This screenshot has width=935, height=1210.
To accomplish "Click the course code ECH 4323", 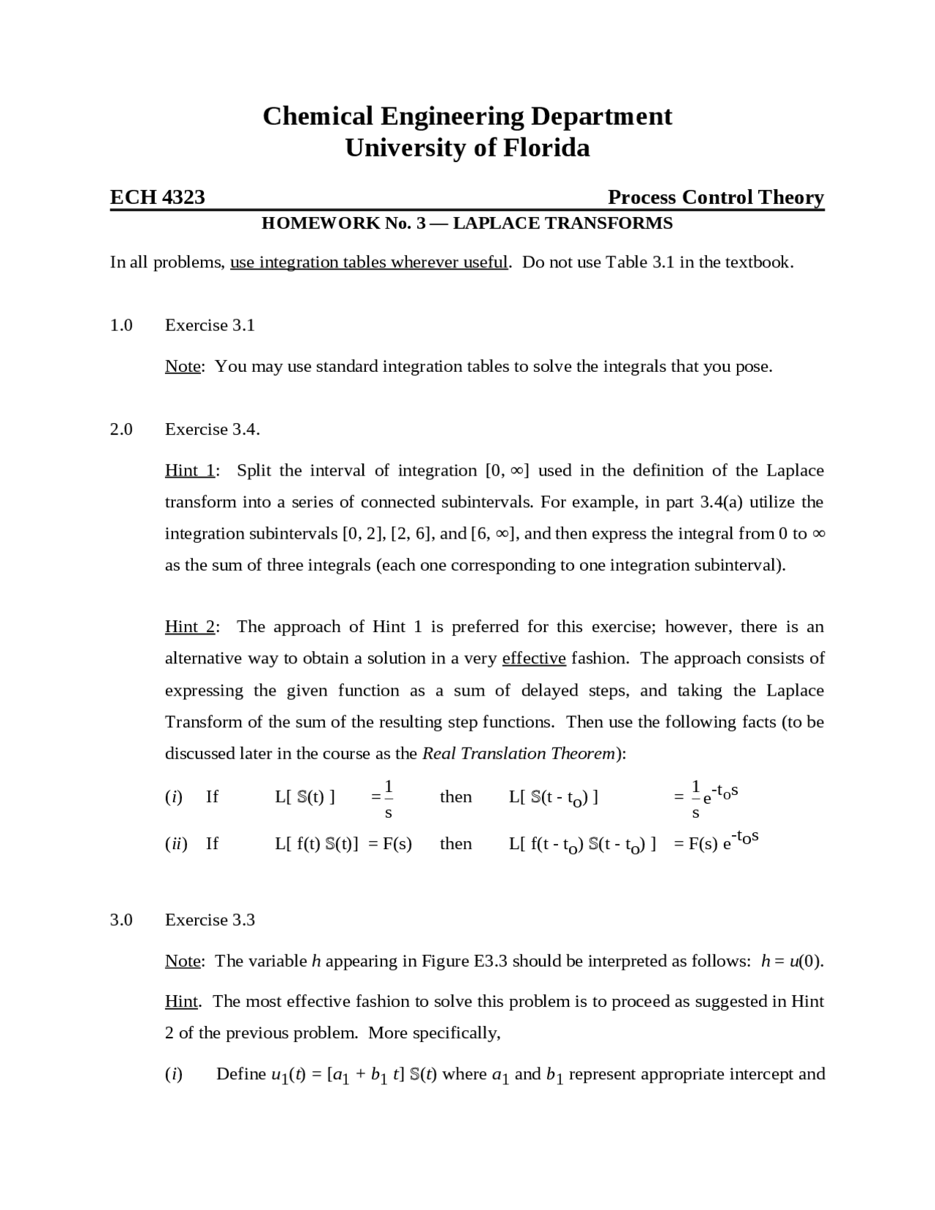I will click(157, 197).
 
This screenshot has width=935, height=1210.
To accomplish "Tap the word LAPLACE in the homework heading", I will click(497, 224).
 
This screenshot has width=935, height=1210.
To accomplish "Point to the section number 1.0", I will click(121, 325).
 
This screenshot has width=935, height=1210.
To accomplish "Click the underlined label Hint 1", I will click(190, 471).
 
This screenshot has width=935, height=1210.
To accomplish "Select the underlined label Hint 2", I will click(190, 627).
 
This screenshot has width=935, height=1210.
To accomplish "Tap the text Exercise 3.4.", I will click(212, 430).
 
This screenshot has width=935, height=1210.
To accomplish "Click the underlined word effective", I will click(534, 658).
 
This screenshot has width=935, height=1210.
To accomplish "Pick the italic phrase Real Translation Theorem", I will click(519, 753).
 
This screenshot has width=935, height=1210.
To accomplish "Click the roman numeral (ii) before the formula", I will click(176, 844).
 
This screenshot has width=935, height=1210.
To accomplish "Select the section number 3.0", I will click(121, 920).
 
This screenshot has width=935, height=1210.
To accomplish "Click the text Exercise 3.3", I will click(210, 920).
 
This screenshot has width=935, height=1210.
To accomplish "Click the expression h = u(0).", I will click(792, 961).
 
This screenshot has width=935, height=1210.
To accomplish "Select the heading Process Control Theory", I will click(715, 197).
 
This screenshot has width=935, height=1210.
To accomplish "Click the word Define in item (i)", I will click(241, 1074).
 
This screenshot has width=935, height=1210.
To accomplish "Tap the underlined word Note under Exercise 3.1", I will click(183, 367).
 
